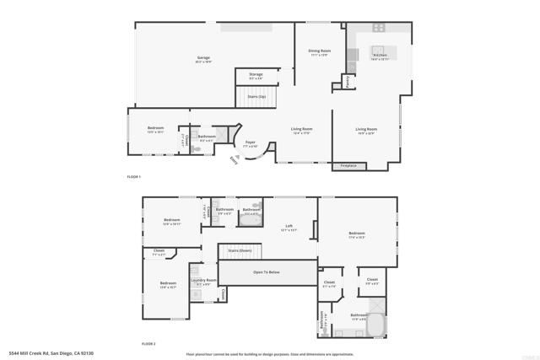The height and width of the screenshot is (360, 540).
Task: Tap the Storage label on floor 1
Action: pyautogui.click(x=256, y=74)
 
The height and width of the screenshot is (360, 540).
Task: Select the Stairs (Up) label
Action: pyautogui.click(x=256, y=96)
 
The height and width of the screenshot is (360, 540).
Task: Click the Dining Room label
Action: pyautogui.click(x=318, y=52)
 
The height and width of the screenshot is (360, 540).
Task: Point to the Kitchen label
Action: pyautogui.click(x=379, y=56)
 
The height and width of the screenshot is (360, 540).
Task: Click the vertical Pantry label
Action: pyautogui.click(x=348, y=81)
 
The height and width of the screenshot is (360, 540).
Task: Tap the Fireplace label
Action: pyautogui.click(x=348, y=166)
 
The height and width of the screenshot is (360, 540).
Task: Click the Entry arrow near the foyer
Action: pyautogui.click(x=234, y=159)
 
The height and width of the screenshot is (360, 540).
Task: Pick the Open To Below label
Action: pyautogui.click(x=267, y=272)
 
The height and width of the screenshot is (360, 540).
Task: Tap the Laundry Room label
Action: pyautogui.click(x=203, y=281)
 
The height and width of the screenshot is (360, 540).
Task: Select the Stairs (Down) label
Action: pyautogui.click(x=240, y=250)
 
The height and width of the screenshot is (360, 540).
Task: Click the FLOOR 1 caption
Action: pyautogui.click(x=133, y=177)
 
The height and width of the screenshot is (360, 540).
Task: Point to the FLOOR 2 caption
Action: pyautogui.click(x=148, y=343)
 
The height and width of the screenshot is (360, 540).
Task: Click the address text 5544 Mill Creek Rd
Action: pyautogui.click(x=51, y=352)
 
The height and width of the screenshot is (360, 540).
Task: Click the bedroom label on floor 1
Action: pyautogui.click(x=155, y=129)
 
